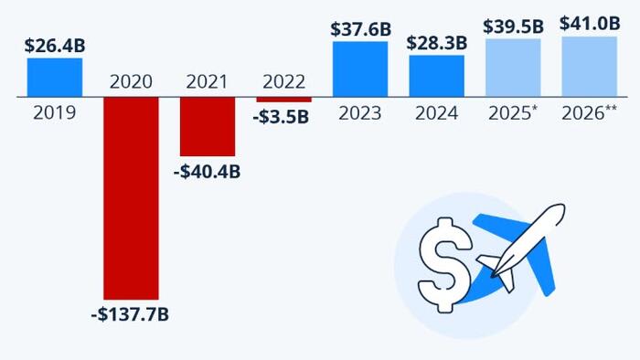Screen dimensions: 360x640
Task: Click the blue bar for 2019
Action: point(55,78)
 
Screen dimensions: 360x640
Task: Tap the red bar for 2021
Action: point(208,126)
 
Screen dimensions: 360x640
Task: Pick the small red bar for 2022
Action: point(283,99)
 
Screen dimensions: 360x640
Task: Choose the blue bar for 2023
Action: point(360,69)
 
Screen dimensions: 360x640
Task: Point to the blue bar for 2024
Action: point(437,76)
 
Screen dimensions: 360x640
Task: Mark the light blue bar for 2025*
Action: point(513,68)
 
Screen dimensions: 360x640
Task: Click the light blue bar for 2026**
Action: point(590,66)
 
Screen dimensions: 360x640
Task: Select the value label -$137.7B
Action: point(131,316)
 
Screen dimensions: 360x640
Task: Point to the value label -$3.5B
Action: point(283,117)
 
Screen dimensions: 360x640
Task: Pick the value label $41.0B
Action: point(590,24)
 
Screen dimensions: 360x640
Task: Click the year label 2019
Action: point(55,114)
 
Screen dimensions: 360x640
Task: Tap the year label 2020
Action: point(131,81)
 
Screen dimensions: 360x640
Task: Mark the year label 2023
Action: point(360,114)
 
